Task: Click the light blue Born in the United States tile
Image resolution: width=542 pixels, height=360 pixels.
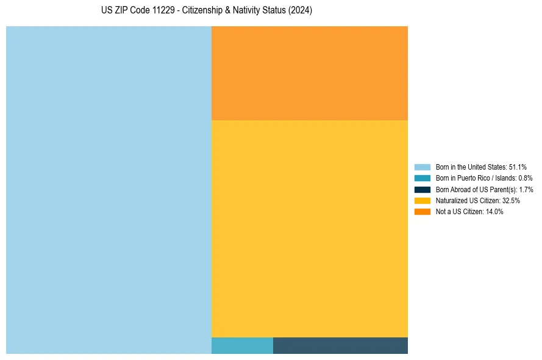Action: click(x=109, y=190)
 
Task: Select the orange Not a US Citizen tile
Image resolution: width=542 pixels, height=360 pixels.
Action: click(x=310, y=73)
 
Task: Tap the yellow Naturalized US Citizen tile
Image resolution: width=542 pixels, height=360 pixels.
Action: click(x=310, y=229)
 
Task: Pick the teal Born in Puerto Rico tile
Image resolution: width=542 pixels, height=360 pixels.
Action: click(x=242, y=345)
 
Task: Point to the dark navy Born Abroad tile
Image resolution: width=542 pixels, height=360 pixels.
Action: click(x=340, y=345)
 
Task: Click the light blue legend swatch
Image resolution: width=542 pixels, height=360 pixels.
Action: click(x=423, y=167)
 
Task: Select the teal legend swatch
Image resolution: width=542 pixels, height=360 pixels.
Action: click(x=423, y=178)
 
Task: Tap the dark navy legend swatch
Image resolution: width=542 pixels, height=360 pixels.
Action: click(x=423, y=189)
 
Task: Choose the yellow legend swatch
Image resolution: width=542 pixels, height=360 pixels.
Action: click(x=423, y=200)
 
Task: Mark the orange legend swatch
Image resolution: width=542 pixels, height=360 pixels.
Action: click(x=423, y=212)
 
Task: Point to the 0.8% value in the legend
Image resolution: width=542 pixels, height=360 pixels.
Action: click(x=525, y=178)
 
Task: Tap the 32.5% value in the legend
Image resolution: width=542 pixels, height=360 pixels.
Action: click(x=511, y=200)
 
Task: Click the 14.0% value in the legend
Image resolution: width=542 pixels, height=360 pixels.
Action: click(x=494, y=212)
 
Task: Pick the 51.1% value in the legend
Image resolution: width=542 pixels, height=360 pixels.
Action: click(x=518, y=167)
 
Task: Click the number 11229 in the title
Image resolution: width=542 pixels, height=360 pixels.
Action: click(x=164, y=11)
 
